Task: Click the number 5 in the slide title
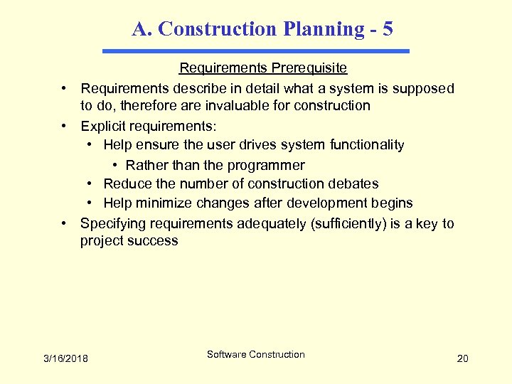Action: tap(387, 29)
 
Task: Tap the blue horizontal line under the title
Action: tap(256, 51)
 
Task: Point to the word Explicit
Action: tap(104, 127)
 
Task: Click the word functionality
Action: tap(367, 145)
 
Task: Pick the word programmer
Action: tap(266, 166)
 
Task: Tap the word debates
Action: tap(353, 184)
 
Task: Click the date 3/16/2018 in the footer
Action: tap(65, 358)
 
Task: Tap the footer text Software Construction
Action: tap(256, 354)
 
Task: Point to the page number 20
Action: tap(462, 358)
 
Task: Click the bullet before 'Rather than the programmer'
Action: tap(115, 166)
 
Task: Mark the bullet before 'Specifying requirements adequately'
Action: tap(64, 224)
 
